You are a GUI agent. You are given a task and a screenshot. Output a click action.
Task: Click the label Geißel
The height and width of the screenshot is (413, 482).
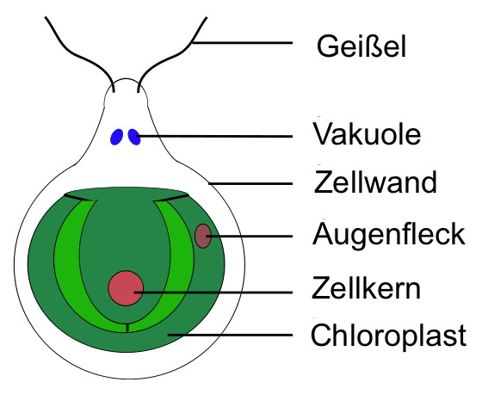tap(361, 46)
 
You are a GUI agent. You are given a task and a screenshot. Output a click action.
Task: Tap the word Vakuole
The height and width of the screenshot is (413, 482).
tap(367, 134)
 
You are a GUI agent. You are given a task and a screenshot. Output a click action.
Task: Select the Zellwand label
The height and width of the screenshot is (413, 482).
tap(375, 182)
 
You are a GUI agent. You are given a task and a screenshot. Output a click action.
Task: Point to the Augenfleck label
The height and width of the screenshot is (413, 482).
tap(389, 235)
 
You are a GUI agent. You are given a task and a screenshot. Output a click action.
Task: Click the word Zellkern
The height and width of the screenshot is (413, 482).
tap(366, 288)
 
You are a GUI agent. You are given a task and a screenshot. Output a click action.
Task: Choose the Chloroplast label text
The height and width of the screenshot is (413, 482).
tap(388, 336)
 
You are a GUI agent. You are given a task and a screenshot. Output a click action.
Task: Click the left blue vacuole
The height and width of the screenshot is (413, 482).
tap(116, 137)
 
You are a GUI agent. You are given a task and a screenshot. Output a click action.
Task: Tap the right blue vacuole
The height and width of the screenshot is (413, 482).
tap(134, 137)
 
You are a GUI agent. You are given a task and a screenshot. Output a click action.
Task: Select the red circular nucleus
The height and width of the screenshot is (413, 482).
tap(126, 288)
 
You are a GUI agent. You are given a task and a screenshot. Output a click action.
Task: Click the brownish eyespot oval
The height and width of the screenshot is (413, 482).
tap(203, 236)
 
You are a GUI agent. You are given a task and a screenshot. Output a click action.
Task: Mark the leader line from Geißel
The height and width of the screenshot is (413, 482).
tap(242, 43)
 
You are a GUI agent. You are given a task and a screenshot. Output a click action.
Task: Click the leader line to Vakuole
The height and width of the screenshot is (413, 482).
tap(214, 136)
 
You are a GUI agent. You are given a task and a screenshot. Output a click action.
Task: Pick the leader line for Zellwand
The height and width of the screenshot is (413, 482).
tap(250, 183)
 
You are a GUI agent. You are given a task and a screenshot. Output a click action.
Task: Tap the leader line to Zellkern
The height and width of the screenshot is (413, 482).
tap(213, 293)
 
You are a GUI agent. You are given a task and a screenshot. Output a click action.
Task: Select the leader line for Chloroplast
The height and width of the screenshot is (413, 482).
tap(230, 335)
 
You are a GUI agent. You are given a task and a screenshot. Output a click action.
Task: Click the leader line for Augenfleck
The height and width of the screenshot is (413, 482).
tap(250, 236)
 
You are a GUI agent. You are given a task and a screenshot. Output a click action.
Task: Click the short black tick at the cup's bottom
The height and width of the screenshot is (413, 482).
tap(127, 328)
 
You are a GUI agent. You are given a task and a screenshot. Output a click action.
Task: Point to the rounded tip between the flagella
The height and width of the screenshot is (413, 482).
tap(126, 78)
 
